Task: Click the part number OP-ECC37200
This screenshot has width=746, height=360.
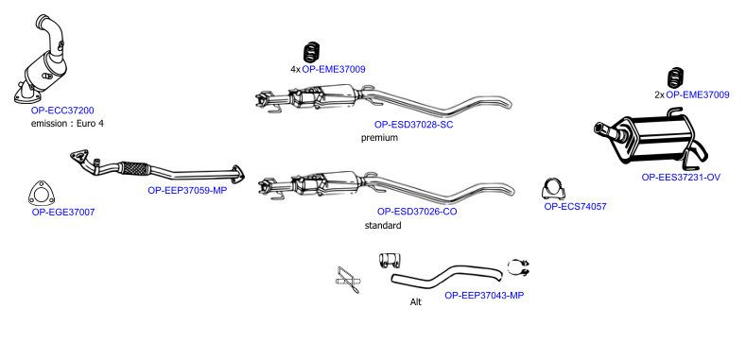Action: [x=62, y=111]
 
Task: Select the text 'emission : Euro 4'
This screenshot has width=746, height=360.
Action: [x=67, y=124]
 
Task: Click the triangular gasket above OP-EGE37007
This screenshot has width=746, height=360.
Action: [x=42, y=194]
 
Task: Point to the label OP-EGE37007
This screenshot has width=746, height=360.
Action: [x=63, y=212]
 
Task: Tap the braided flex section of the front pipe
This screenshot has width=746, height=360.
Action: [x=134, y=168]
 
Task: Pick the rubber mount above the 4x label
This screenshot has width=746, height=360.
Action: [x=311, y=52]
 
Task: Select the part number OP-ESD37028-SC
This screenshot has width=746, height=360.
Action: [x=413, y=125]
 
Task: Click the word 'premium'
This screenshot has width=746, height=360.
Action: [x=379, y=138]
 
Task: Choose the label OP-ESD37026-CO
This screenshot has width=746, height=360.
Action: [x=417, y=212]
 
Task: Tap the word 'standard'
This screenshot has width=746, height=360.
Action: [x=383, y=226]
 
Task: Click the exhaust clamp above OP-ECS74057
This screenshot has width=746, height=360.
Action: [x=553, y=189]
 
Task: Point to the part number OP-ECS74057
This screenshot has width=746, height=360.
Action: [x=575, y=207]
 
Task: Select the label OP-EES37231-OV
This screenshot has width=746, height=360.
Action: [x=681, y=178]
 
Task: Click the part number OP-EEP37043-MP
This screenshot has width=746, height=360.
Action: [x=484, y=296]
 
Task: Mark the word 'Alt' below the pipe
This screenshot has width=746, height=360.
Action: [x=415, y=302]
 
